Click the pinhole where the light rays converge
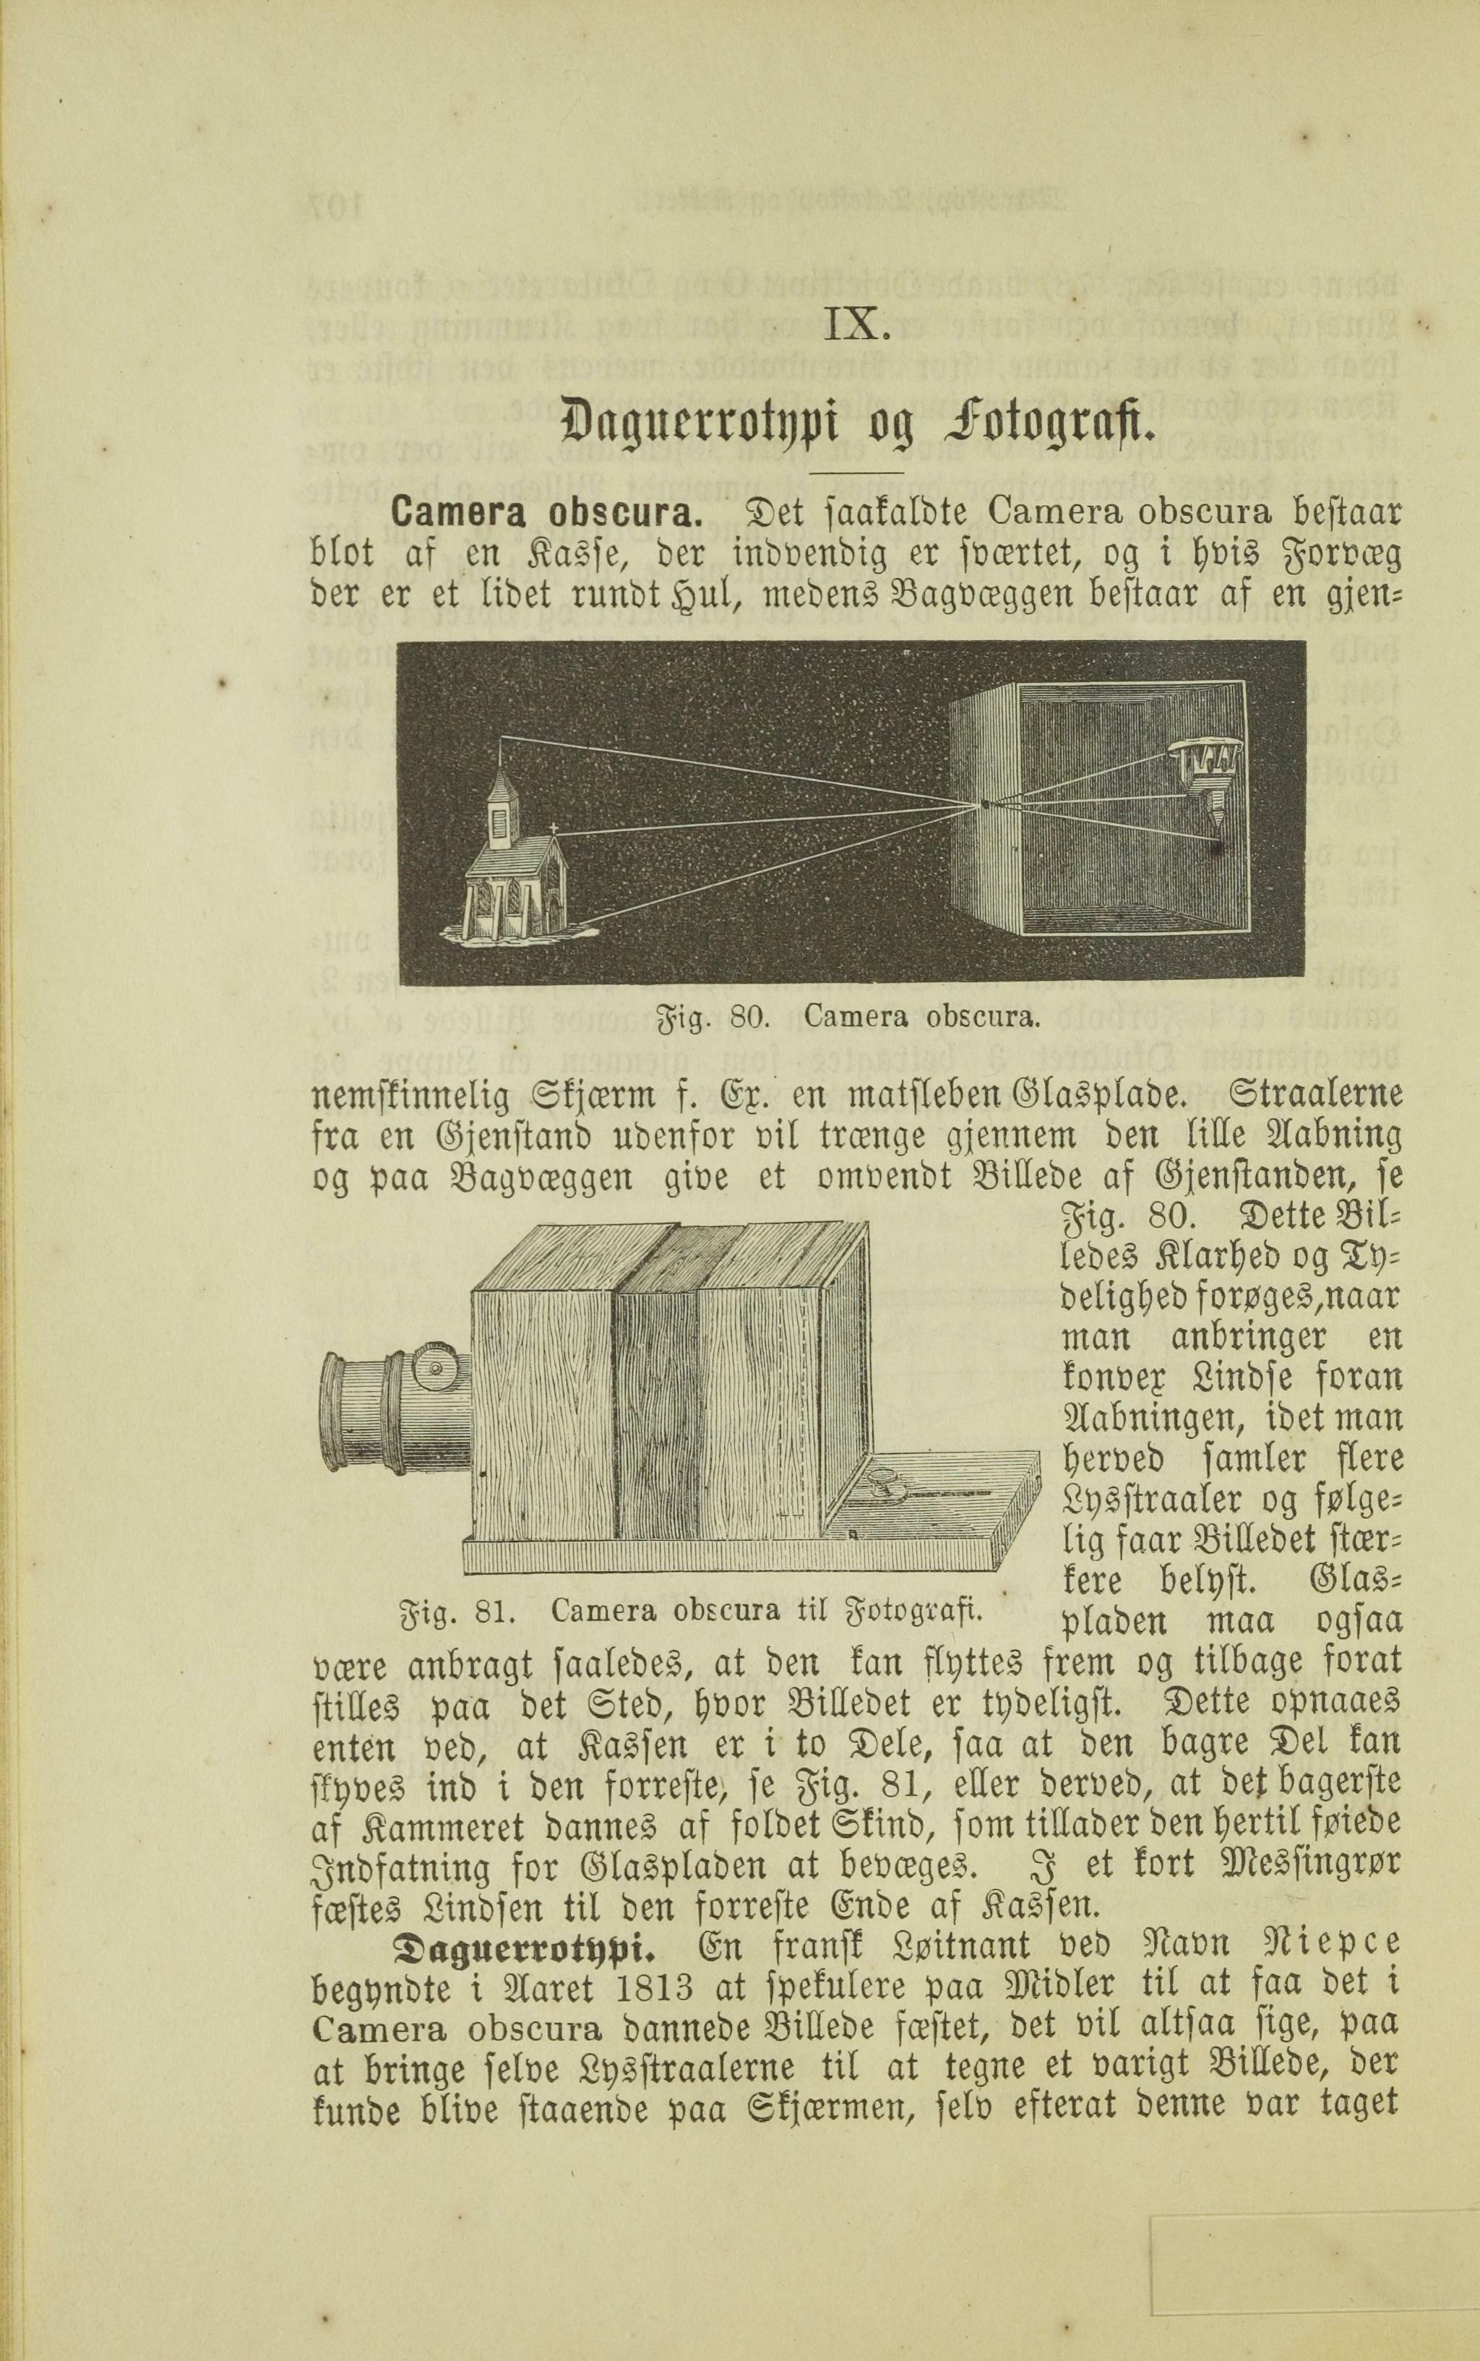[985, 804]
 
